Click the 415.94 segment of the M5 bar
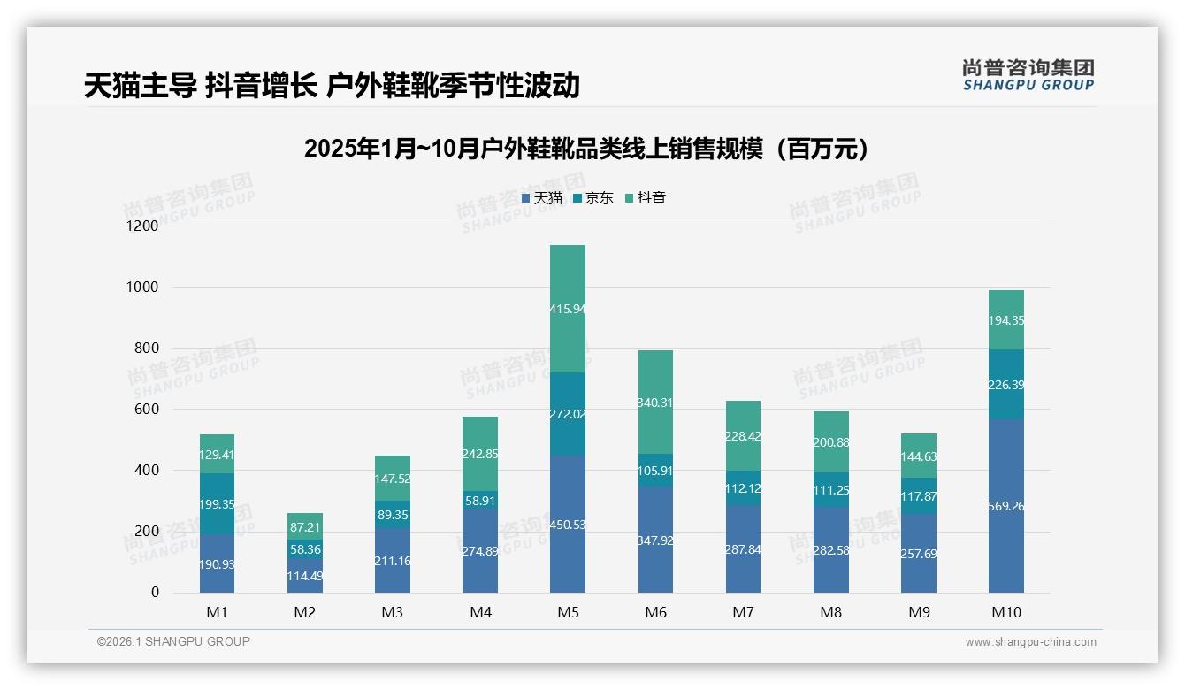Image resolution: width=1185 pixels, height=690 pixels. pyautogui.click(x=568, y=309)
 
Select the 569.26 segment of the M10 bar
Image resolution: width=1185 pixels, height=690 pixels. pyautogui.click(x=1006, y=506)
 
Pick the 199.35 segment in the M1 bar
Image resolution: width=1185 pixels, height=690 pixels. pyautogui.click(x=218, y=503)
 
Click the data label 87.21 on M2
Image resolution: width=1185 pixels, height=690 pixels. pyautogui.click(x=305, y=526)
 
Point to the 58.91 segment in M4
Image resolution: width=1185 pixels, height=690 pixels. pyautogui.click(x=480, y=500)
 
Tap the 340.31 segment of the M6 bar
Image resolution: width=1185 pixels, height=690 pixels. pyautogui.click(x=655, y=402)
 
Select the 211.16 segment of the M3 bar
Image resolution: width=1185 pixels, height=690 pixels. pyautogui.click(x=393, y=561)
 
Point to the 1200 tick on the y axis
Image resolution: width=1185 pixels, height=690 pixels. pyautogui.click(x=141, y=226)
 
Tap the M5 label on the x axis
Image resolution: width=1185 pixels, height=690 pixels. pyautogui.click(x=568, y=612)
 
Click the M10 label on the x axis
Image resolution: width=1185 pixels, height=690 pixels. pyautogui.click(x=1006, y=612)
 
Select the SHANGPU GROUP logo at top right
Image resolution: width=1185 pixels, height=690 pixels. pyautogui.click(x=1028, y=75)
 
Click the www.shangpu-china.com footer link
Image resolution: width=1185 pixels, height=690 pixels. pyautogui.click(x=1030, y=642)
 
